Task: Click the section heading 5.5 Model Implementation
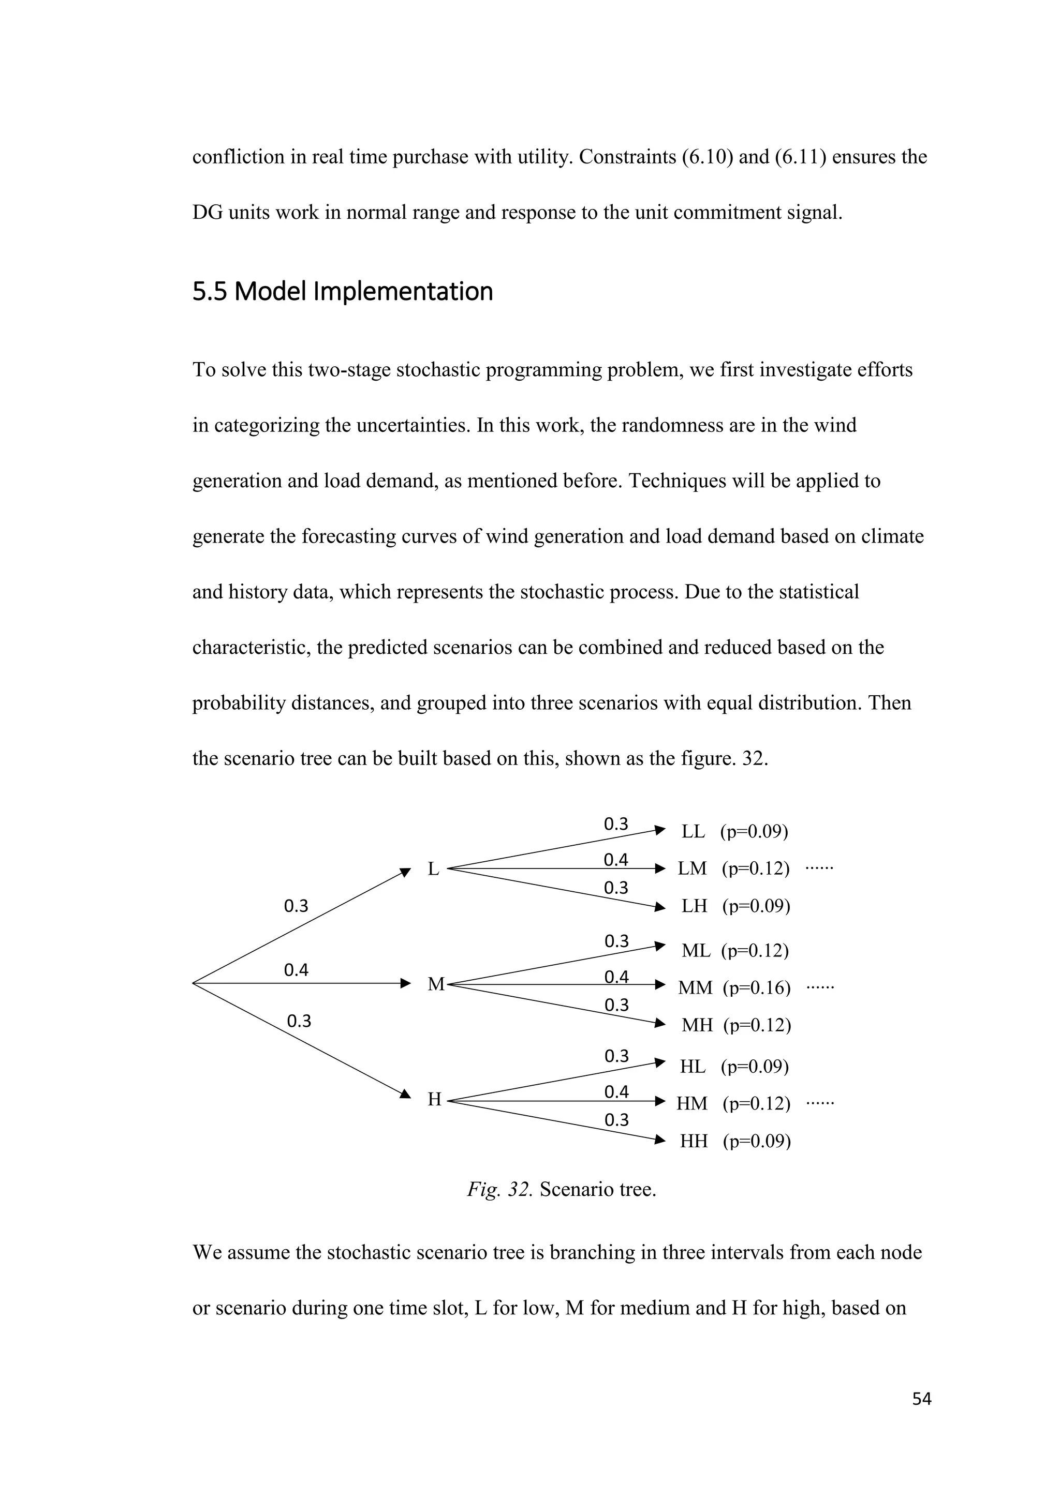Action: pyautogui.click(x=343, y=292)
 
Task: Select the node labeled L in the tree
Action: pyautogui.click(x=433, y=869)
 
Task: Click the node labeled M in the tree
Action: pyautogui.click(x=435, y=984)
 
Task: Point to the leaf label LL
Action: pyautogui.click(x=693, y=832)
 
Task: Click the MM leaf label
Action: pyautogui.click(x=695, y=988)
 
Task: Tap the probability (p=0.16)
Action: pyautogui.click(x=757, y=988)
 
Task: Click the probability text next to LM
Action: pyautogui.click(x=756, y=869)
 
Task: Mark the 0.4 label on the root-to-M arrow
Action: pyautogui.click(x=296, y=970)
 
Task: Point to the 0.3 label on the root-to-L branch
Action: pyautogui.click(x=296, y=906)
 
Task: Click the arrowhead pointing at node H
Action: pyautogui.click(x=405, y=1093)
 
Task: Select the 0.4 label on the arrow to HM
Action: pyautogui.click(x=616, y=1091)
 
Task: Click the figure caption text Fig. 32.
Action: pyautogui.click(x=500, y=1189)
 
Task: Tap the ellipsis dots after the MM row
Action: pyautogui.click(x=820, y=987)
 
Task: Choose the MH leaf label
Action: pyautogui.click(x=697, y=1025)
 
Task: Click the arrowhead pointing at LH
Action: pyautogui.click(x=660, y=906)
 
